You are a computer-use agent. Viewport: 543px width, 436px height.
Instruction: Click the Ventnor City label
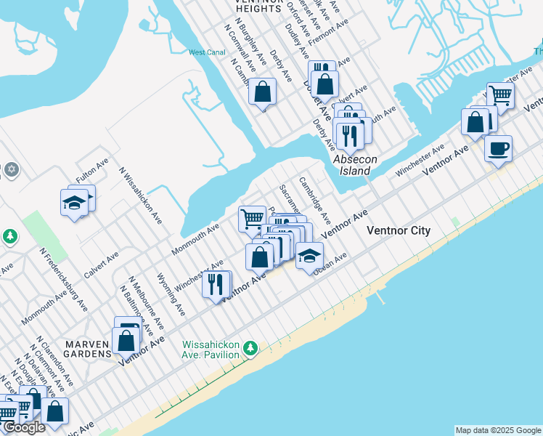[x=399, y=230]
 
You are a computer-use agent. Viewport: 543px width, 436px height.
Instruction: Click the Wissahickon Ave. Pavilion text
[x=211, y=350]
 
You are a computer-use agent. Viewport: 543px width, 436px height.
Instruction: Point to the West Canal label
[x=208, y=52]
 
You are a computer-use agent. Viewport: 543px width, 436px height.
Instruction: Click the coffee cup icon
[x=498, y=149]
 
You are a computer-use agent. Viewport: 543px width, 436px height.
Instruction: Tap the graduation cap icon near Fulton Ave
[x=74, y=203]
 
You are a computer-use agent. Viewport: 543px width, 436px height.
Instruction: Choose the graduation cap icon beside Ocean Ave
[x=309, y=256]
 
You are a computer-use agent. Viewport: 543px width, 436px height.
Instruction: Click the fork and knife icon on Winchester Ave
[x=216, y=284]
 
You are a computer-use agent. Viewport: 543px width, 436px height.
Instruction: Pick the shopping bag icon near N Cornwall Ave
[x=263, y=92]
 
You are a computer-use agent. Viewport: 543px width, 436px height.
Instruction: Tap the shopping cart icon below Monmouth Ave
[x=252, y=217]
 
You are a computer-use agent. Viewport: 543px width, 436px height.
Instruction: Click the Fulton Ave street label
[x=92, y=171]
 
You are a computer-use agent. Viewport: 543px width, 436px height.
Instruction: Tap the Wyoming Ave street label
[x=171, y=294]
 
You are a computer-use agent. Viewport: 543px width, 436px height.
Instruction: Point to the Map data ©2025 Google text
[x=498, y=430]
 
